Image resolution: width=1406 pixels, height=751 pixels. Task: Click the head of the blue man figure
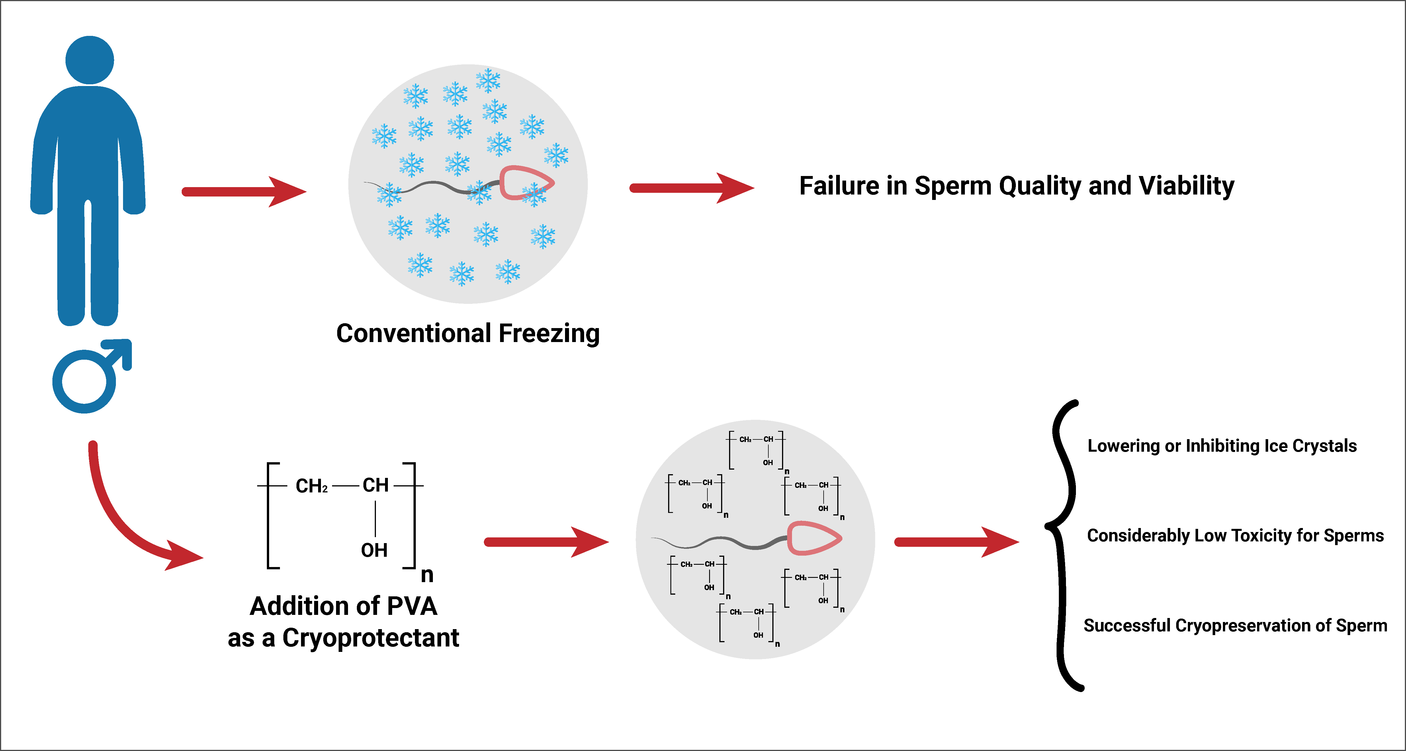(x=89, y=60)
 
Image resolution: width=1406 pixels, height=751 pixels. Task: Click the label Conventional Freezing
(x=468, y=333)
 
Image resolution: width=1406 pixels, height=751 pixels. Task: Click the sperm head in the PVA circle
(x=814, y=538)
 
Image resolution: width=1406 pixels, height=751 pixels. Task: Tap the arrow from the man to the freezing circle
(x=244, y=192)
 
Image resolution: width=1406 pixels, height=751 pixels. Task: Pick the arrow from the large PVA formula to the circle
(x=546, y=542)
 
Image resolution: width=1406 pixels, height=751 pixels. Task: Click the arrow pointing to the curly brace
(x=956, y=542)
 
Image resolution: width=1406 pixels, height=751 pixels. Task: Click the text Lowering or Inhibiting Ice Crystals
(x=1222, y=446)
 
